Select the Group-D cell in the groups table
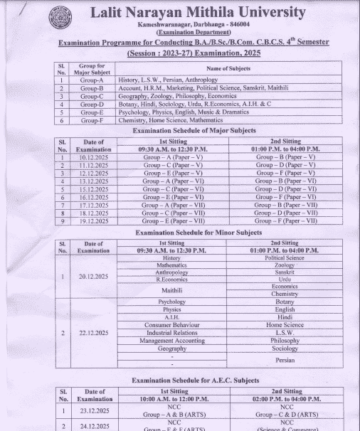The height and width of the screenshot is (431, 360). pyautogui.click(x=92, y=104)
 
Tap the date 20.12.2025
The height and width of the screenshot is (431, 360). pyautogui.click(x=93, y=276)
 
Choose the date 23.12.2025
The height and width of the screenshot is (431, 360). pyautogui.click(x=93, y=410)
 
